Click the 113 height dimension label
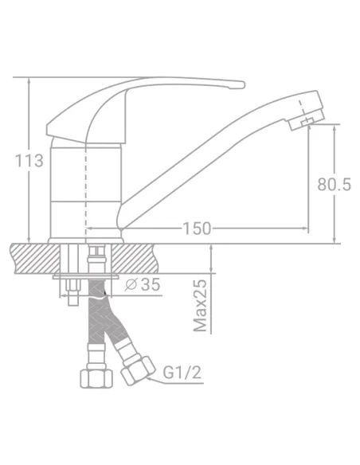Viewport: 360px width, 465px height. pyautogui.click(x=29, y=161)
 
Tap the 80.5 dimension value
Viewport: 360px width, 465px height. pyautogui.click(x=334, y=184)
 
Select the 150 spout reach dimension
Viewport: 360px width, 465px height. pyautogui.click(x=197, y=229)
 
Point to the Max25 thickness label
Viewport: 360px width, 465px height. pyautogui.click(x=200, y=306)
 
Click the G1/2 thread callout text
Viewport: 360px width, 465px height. pyautogui.click(x=182, y=373)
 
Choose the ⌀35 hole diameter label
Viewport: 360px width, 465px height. pyautogui.click(x=143, y=284)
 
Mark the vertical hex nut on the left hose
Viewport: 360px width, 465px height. pyautogui.click(x=96, y=378)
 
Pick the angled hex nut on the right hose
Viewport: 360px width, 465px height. pyautogui.click(x=139, y=371)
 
